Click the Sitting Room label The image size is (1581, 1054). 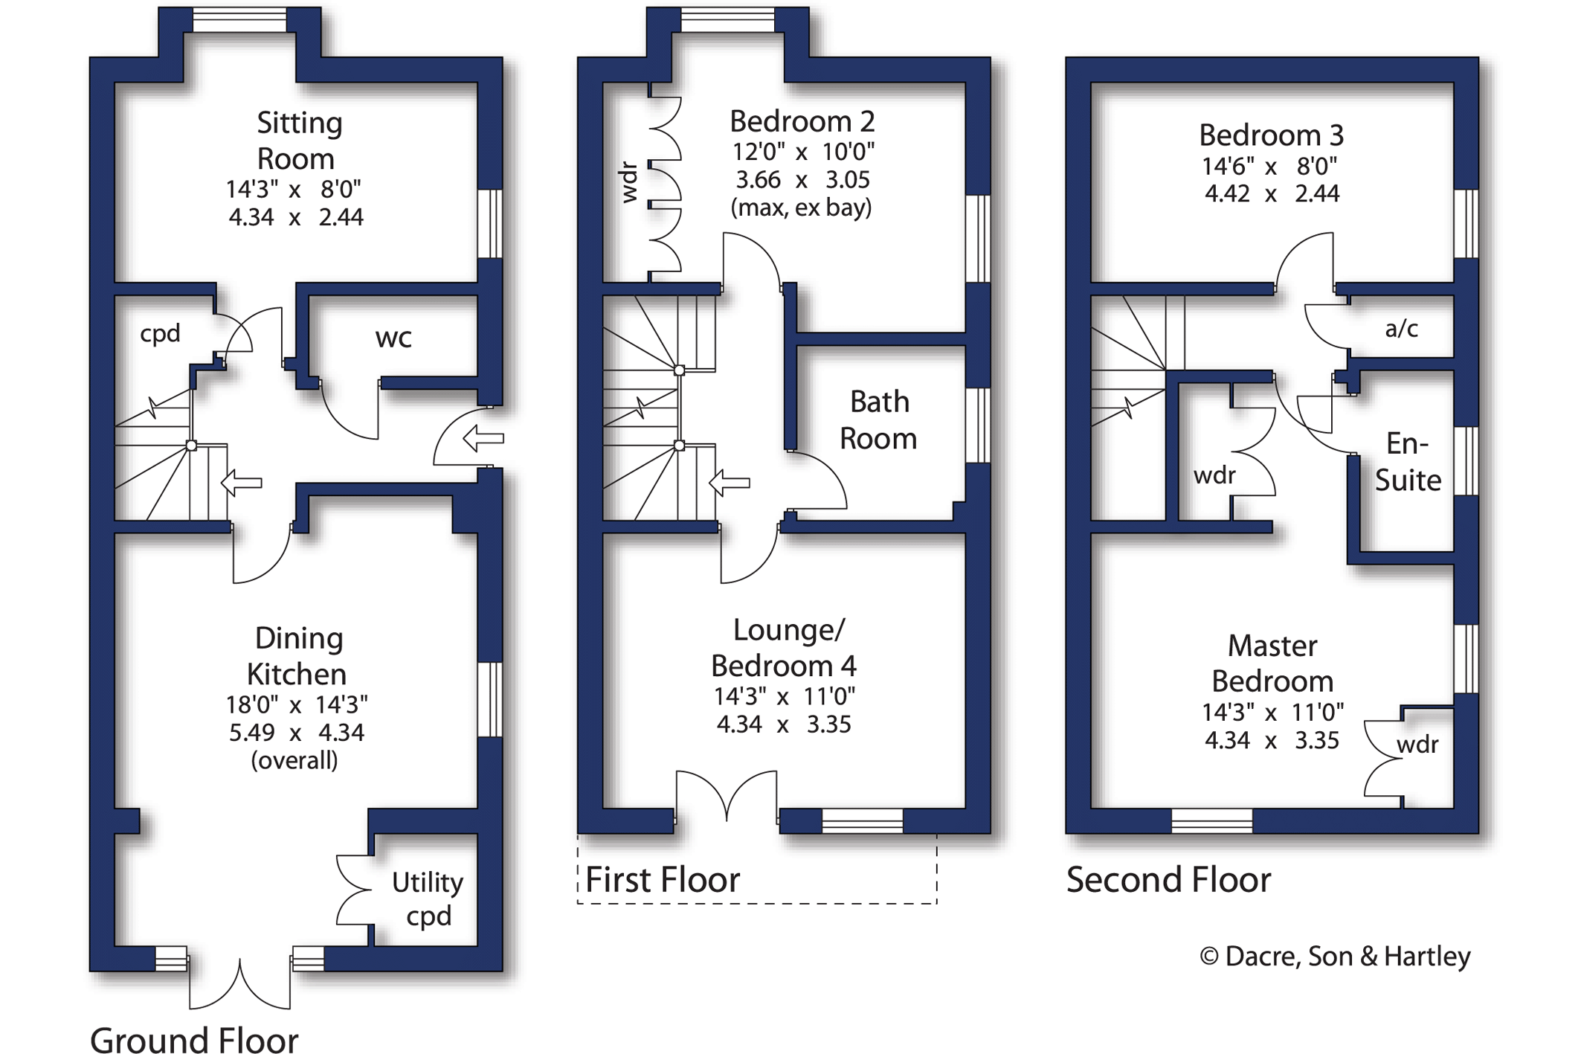point(298,141)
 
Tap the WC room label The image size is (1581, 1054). point(393,338)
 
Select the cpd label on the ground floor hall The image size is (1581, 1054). point(160,333)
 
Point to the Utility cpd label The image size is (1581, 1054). point(428,899)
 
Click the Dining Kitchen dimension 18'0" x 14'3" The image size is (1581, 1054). point(296,704)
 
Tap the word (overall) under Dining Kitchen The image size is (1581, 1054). point(294,760)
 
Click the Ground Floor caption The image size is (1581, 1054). point(194,1038)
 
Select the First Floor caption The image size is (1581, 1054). point(663,880)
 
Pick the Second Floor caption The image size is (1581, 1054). point(1168,880)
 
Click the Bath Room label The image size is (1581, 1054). point(878,420)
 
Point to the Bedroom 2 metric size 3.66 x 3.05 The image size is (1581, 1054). point(802,180)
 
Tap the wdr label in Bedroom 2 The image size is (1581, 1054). point(629,182)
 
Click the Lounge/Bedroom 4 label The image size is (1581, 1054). point(784,648)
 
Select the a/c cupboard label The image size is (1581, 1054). point(1401,328)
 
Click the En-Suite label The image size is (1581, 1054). point(1408,462)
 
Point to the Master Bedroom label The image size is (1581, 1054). point(1272,663)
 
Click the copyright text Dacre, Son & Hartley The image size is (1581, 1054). point(1336,957)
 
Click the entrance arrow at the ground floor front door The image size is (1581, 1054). point(483,438)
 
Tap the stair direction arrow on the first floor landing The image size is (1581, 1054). point(730,483)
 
